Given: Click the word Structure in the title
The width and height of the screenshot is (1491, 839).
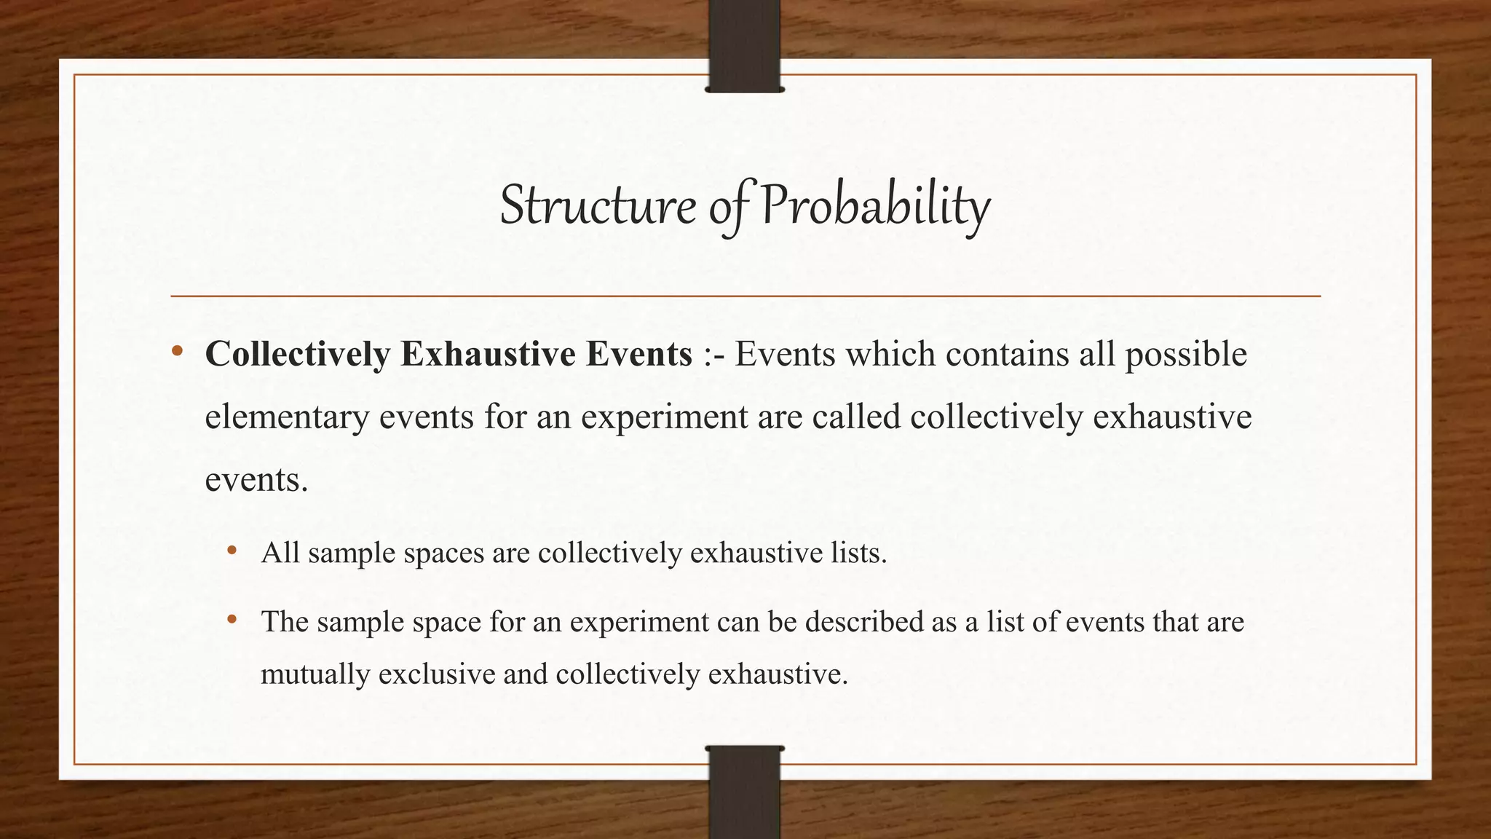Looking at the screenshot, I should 597,205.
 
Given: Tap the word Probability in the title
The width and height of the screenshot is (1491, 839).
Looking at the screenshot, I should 875,205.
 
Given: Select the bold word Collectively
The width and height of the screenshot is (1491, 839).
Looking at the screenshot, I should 298,355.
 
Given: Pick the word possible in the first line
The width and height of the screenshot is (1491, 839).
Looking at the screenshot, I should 1186,355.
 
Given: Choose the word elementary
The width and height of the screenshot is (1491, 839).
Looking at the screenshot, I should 287,417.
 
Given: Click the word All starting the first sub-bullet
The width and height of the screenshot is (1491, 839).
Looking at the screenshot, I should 280,553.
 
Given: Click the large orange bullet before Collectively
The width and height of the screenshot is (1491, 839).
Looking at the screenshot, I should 177,352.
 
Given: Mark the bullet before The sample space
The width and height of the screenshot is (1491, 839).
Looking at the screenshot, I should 232,619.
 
